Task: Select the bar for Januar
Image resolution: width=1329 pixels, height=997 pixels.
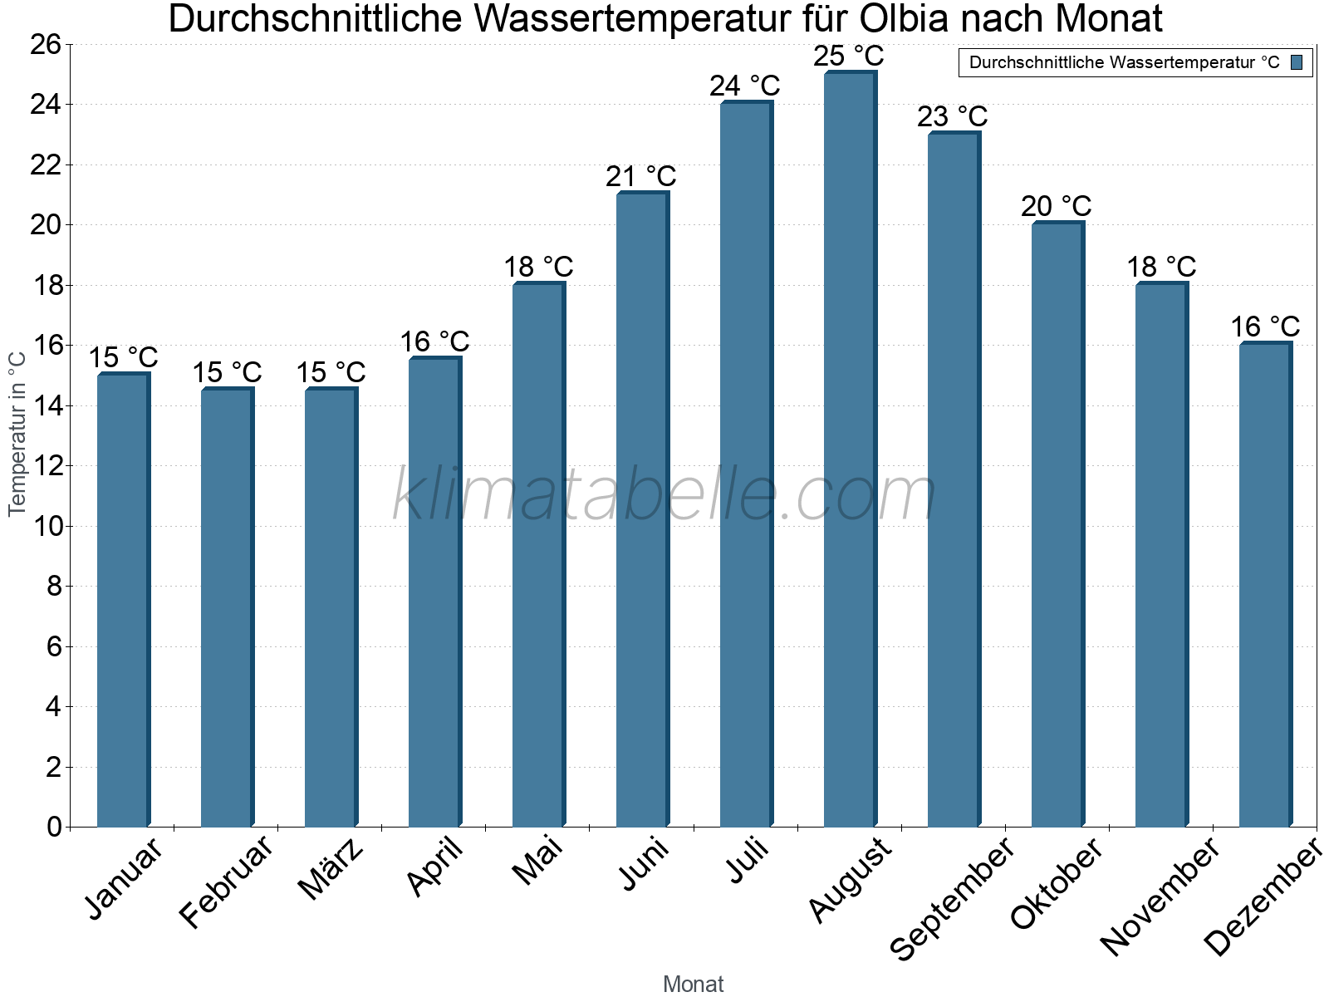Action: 123,600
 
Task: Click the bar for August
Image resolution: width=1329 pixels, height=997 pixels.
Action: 850,449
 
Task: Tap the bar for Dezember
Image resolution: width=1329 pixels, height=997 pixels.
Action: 1265,584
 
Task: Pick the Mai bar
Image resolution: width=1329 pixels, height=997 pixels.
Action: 538,554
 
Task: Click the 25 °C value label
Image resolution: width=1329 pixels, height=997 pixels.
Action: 849,56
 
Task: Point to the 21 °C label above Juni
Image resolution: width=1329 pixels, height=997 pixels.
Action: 641,177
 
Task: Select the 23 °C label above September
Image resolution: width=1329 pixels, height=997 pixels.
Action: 953,116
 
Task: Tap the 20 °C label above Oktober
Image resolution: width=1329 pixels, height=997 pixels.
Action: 1057,206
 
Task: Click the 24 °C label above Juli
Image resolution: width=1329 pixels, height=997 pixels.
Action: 745,86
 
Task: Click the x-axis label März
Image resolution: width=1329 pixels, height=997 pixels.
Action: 331,869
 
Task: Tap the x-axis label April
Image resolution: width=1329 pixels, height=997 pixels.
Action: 434,867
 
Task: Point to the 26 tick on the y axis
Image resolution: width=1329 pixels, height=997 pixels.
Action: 46,45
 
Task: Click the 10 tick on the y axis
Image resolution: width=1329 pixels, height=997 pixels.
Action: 46,527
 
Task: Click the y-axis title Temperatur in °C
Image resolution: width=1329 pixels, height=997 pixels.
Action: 17,434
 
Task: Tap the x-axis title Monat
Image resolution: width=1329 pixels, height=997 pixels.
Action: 694,985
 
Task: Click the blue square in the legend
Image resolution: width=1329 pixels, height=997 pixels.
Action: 1297,62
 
